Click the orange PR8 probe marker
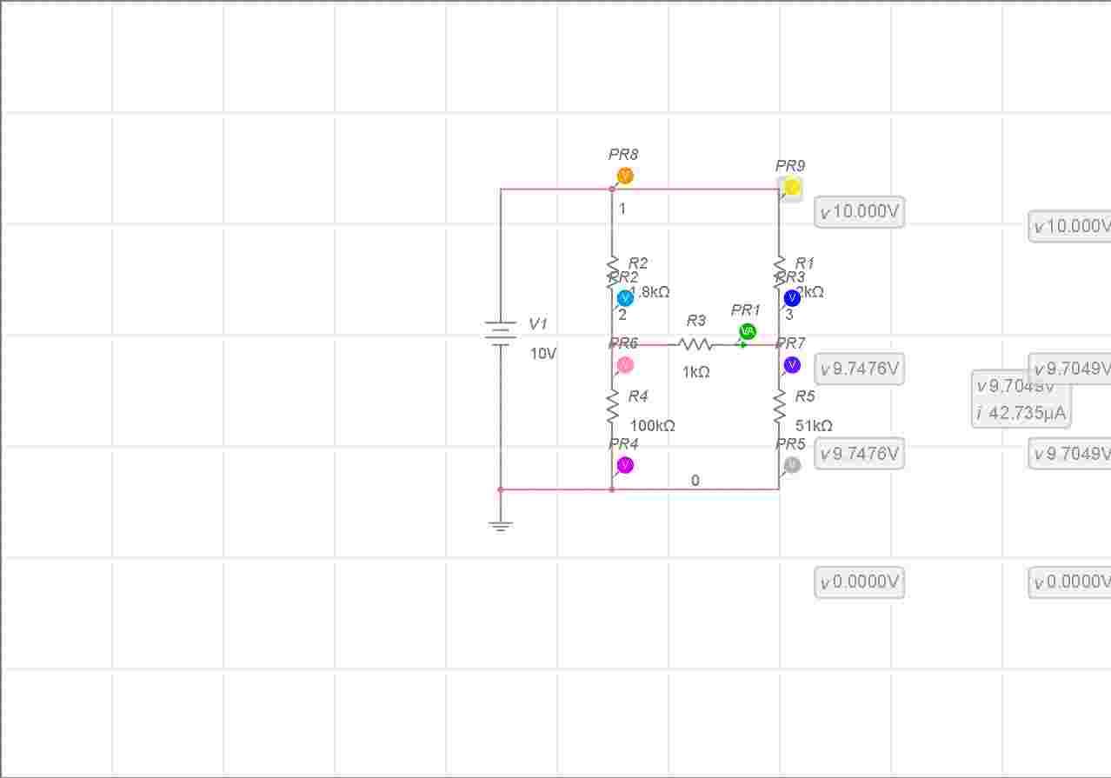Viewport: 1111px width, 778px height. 625,176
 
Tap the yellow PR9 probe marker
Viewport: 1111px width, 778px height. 792,187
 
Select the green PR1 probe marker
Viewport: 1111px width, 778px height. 748,332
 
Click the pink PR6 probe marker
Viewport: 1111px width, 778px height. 625,365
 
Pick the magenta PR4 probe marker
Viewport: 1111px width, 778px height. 625,466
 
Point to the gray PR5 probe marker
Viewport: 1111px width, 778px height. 792,466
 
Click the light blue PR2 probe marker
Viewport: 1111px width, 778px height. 625,298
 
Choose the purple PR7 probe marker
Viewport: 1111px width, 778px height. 792,365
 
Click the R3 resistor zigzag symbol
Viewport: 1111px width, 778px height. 695,345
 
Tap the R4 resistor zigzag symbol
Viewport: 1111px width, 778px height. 612,406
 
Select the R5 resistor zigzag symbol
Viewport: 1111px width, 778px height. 779,406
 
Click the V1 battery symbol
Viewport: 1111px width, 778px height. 501,333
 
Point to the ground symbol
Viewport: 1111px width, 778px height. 501,525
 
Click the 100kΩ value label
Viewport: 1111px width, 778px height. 653,426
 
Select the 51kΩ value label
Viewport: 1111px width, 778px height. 815,426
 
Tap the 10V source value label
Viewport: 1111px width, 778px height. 543,354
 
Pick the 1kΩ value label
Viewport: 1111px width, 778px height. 696,372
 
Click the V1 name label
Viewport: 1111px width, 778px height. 538,324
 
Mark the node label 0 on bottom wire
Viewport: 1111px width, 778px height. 695,481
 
